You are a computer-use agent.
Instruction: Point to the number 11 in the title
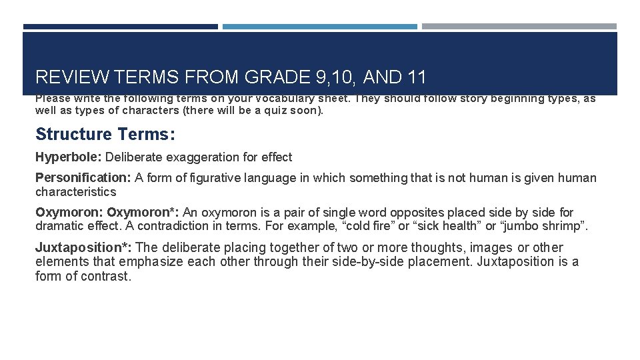point(416,77)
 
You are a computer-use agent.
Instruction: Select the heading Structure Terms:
point(105,134)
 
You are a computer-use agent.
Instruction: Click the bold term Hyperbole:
point(69,157)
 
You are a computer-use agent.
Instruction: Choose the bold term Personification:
point(83,178)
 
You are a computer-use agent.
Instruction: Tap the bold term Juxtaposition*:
point(83,247)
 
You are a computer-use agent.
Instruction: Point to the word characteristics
point(75,192)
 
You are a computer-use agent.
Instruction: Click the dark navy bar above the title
point(120,27)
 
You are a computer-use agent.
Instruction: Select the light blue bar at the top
point(319,27)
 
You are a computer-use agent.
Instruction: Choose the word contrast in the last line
point(105,276)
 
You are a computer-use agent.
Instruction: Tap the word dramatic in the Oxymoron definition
point(60,227)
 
